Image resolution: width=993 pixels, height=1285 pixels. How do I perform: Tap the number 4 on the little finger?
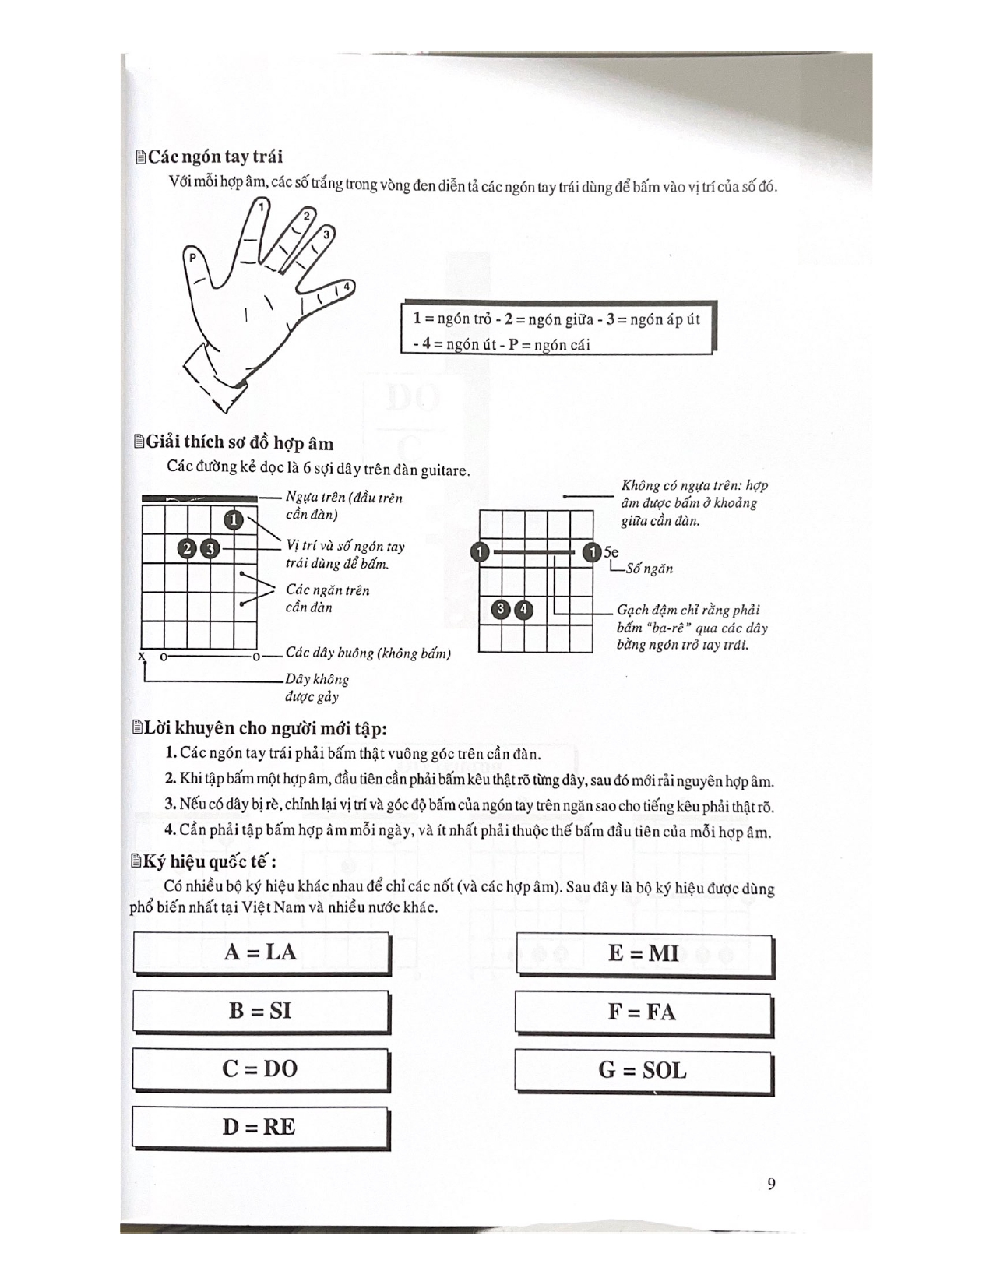click(x=347, y=287)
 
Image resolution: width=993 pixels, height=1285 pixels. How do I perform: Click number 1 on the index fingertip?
click(x=262, y=206)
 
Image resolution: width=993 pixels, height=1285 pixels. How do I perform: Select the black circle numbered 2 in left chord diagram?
click(x=187, y=549)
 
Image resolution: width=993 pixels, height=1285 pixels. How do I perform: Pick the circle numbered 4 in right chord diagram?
click(x=525, y=610)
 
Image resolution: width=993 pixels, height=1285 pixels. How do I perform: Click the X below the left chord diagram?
click(x=143, y=657)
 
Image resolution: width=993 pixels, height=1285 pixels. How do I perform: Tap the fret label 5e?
click(x=611, y=552)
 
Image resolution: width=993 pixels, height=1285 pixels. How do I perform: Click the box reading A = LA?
click(x=260, y=952)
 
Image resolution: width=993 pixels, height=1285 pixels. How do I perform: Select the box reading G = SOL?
click(x=643, y=1071)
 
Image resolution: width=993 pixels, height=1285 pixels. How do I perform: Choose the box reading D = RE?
click(x=259, y=1127)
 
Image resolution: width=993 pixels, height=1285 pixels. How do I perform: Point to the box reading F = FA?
click(x=643, y=1012)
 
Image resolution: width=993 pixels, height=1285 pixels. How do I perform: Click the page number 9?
click(x=771, y=1185)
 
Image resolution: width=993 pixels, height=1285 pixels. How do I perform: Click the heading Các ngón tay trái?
click(x=214, y=157)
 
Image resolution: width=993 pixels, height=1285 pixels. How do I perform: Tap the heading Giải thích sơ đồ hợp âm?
click(x=239, y=444)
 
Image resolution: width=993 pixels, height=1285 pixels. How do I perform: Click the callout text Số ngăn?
click(x=649, y=569)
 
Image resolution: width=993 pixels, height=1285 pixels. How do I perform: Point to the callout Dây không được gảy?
click(x=317, y=688)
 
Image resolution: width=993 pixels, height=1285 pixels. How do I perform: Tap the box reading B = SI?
click(x=260, y=1011)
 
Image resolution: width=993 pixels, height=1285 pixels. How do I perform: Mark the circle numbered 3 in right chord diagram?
click(x=501, y=610)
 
